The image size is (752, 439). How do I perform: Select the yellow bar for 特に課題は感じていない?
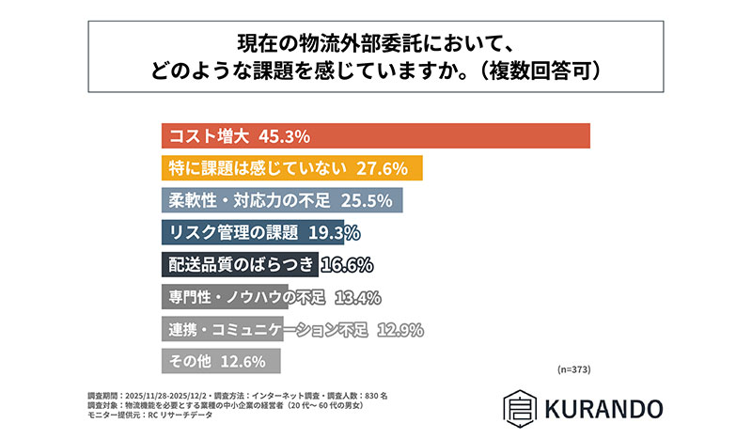(291, 168)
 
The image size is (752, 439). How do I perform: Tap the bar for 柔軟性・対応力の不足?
(282, 200)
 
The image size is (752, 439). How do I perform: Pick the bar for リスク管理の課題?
(254, 232)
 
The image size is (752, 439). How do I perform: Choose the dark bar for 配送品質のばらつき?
(240, 264)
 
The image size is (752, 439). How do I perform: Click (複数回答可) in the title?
(536, 70)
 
